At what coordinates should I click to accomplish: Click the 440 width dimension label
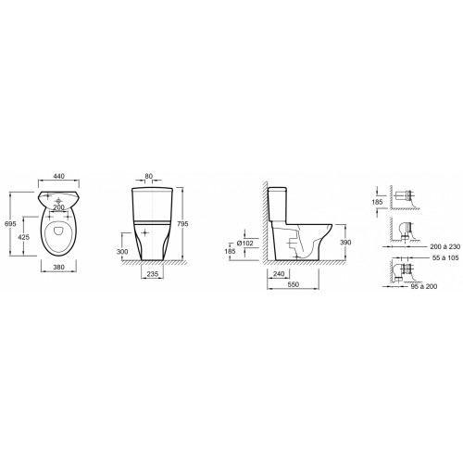tap(59, 176)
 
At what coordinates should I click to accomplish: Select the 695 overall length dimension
tap(10, 224)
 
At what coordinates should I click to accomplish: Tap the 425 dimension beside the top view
tap(24, 237)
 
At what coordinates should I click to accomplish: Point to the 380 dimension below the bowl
tap(59, 267)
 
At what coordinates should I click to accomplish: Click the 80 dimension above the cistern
tap(149, 176)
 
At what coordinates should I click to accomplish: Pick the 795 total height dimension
tap(182, 224)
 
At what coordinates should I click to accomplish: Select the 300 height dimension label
tap(122, 252)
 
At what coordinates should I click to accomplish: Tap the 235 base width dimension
tap(153, 274)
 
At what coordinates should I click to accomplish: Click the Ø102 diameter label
tap(245, 244)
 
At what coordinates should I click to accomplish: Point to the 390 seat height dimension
tap(345, 243)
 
